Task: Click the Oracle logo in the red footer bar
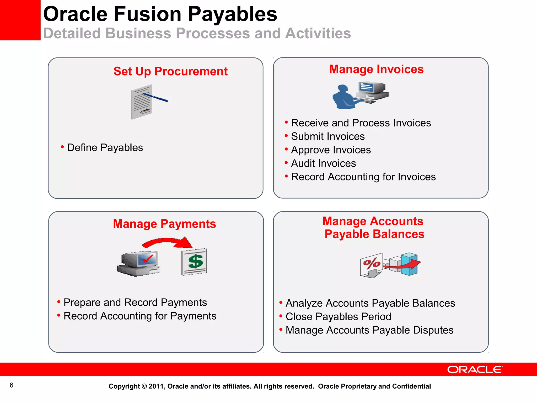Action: click(x=475, y=369)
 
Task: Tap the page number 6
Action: click(x=11, y=385)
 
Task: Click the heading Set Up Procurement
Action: click(x=170, y=71)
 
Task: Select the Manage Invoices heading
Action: click(x=376, y=69)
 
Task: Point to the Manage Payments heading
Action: click(x=164, y=224)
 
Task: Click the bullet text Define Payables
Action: click(x=105, y=148)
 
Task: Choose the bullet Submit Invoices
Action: click(x=328, y=136)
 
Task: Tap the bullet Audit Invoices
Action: click(x=323, y=163)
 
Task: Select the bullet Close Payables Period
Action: click(x=338, y=317)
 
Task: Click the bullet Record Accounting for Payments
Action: click(x=140, y=316)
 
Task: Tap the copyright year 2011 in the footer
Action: click(x=156, y=386)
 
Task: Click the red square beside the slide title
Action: click(x=20, y=20)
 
